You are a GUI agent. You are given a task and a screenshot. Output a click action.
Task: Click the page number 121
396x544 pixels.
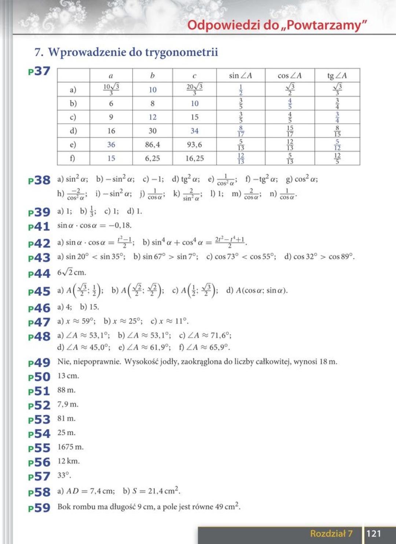click(x=374, y=533)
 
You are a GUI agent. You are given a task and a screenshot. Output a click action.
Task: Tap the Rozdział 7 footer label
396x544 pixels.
click(x=331, y=533)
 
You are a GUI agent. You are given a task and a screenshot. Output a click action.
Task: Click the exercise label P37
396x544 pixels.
click(x=39, y=71)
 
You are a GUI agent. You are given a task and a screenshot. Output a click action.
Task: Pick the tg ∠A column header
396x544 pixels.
click(x=337, y=76)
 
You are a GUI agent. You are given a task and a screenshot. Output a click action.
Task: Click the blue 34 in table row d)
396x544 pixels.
click(x=194, y=131)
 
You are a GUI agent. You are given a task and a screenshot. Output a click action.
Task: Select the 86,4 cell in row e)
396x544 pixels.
click(x=153, y=145)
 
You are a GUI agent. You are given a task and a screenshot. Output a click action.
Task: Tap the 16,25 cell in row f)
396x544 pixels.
click(x=194, y=158)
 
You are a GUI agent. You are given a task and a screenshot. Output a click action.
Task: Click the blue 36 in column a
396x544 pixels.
click(x=111, y=145)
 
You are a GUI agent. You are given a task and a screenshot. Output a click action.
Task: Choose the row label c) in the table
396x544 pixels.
click(x=73, y=117)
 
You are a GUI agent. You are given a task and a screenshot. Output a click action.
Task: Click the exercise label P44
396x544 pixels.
click(x=39, y=274)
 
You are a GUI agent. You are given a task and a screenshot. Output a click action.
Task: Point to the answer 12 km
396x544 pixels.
click(x=69, y=461)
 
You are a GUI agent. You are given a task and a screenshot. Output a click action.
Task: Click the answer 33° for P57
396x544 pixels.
click(x=64, y=475)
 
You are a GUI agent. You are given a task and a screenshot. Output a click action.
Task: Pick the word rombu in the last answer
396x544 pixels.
click(x=85, y=507)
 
